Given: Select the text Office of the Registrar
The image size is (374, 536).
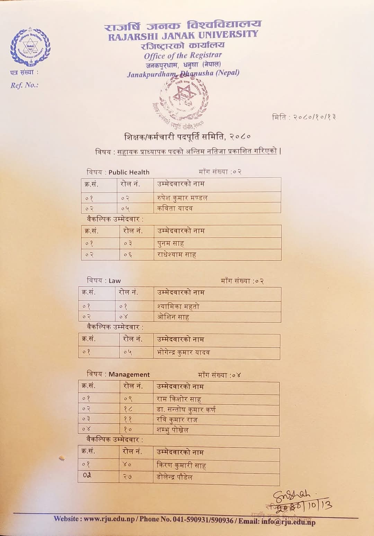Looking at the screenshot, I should pyautogui.click(x=183, y=55).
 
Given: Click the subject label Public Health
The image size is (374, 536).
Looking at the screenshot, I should pyautogui.click(x=129, y=172).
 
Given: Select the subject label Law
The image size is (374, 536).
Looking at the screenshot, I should pyautogui.click(x=115, y=281).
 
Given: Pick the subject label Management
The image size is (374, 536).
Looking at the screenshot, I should pyautogui.click(x=129, y=375).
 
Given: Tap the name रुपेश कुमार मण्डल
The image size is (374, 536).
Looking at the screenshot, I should pyautogui.click(x=182, y=198).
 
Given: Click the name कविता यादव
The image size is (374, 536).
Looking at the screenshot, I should pyautogui.click(x=175, y=208).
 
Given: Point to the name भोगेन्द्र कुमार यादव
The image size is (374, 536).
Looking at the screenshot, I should pyautogui.click(x=183, y=353).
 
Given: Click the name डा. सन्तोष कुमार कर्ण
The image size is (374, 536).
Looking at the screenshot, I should pyautogui.click(x=186, y=410).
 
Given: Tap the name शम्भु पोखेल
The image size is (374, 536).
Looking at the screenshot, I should pyautogui.click(x=172, y=430).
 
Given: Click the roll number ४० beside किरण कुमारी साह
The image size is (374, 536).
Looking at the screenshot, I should pyautogui.click(x=127, y=465).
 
